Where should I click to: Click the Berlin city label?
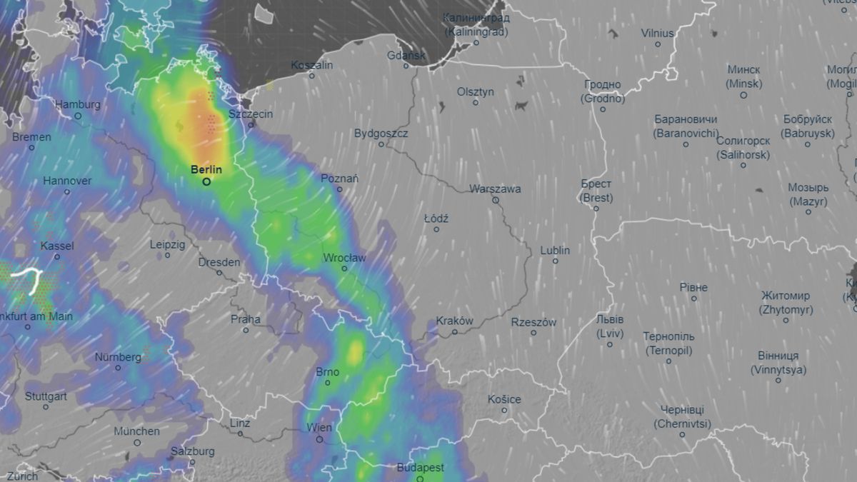pos(206,170)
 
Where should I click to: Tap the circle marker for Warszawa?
pos(495,201)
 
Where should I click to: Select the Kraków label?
pos(454,321)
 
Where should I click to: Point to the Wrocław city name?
pos(344,258)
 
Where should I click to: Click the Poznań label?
pos(340,179)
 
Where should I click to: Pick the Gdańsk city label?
pos(406,55)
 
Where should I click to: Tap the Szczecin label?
pos(251,114)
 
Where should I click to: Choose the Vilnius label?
pos(657,33)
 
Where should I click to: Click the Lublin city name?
pos(555,251)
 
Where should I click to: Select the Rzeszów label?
pos(533,323)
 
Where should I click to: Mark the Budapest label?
pos(420,468)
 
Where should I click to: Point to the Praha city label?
pos(246,320)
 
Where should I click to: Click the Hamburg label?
pos(78,105)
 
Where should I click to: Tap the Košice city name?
pos(504,400)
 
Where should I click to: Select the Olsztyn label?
pos(476,92)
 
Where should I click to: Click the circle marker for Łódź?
pos(436,229)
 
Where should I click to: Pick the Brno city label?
pos(327,372)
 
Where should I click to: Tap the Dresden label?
pos(219,263)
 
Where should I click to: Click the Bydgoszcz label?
pos(381,134)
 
